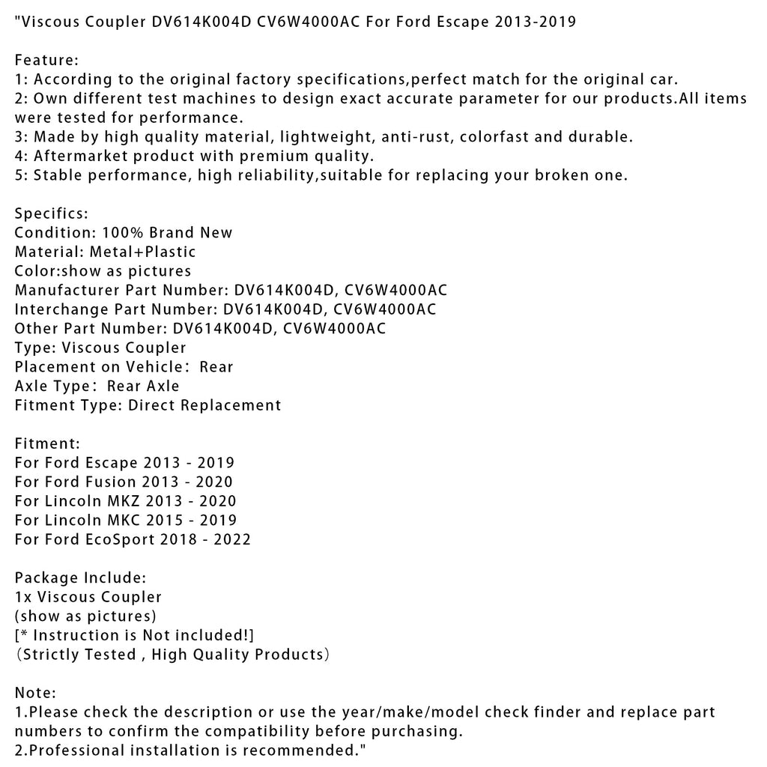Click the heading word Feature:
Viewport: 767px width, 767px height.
(x=46, y=60)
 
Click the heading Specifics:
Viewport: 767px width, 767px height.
(x=51, y=213)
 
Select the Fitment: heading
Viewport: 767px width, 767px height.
(x=47, y=443)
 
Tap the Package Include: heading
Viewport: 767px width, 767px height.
(x=80, y=577)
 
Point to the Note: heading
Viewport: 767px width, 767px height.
(x=35, y=693)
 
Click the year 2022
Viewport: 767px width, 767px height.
(x=231, y=539)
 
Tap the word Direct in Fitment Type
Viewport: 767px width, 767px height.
(x=152, y=405)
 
